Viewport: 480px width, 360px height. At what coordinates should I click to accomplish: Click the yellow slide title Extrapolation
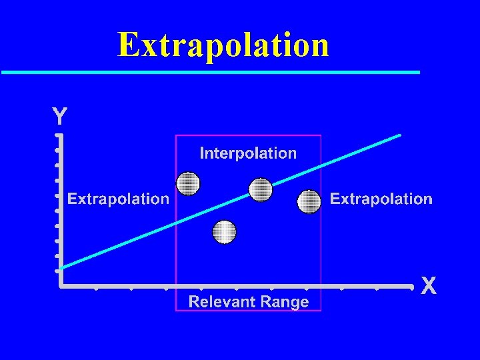(x=223, y=45)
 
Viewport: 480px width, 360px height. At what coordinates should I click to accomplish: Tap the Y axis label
(x=59, y=117)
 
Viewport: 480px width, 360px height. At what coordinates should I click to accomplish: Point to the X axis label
(x=429, y=287)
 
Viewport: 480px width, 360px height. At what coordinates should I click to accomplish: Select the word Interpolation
(x=248, y=153)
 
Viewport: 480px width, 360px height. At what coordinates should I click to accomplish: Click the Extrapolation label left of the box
(x=119, y=199)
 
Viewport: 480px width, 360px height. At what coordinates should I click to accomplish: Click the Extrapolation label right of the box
(x=381, y=199)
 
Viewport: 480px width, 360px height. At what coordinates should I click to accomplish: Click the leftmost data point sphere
(x=188, y=183)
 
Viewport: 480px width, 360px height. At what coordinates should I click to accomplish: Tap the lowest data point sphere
(x=225, y=232)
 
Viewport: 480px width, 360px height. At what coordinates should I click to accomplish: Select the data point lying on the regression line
(x=261, y=189)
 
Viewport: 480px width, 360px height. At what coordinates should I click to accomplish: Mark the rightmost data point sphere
(x=309, y=201)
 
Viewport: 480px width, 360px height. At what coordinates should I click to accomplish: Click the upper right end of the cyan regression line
(x=399, y=135)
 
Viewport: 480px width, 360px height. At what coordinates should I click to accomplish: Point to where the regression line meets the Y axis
(x=60, y=268)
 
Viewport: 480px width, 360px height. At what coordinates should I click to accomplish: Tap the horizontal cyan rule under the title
(x=210, y=71)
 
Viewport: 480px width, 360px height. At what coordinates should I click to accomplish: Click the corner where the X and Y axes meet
(x=60, y=286)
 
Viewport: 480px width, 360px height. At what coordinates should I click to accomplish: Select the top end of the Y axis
(x=59, y=136)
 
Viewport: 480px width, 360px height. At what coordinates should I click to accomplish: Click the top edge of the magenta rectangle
(x=248, y=135)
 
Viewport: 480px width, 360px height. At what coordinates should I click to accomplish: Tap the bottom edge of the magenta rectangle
(x=248, y=311)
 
